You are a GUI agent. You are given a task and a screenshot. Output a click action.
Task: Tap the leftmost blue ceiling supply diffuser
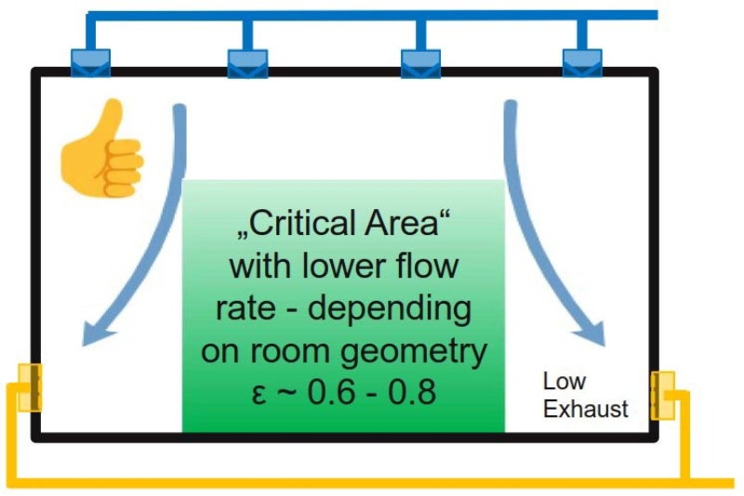(x=90, y=62)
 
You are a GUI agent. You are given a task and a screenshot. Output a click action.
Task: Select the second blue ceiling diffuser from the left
(x=247, y=62)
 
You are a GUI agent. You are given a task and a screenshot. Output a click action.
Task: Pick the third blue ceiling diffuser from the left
(x=420, y=62)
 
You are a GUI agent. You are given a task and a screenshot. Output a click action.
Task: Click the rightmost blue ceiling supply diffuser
(x=583, y=62)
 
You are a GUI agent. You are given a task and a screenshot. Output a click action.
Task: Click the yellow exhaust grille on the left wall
(x=32, y=386)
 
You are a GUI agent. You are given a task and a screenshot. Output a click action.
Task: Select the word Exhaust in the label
(x=586, y=409)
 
